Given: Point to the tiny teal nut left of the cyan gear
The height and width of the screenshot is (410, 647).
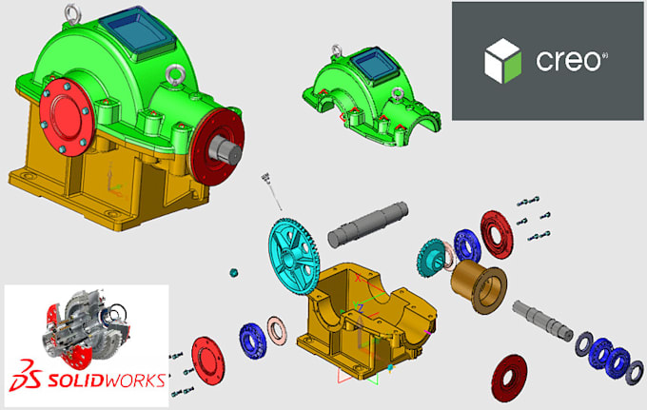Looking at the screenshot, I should pyautogui.click(x=233, y=272).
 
